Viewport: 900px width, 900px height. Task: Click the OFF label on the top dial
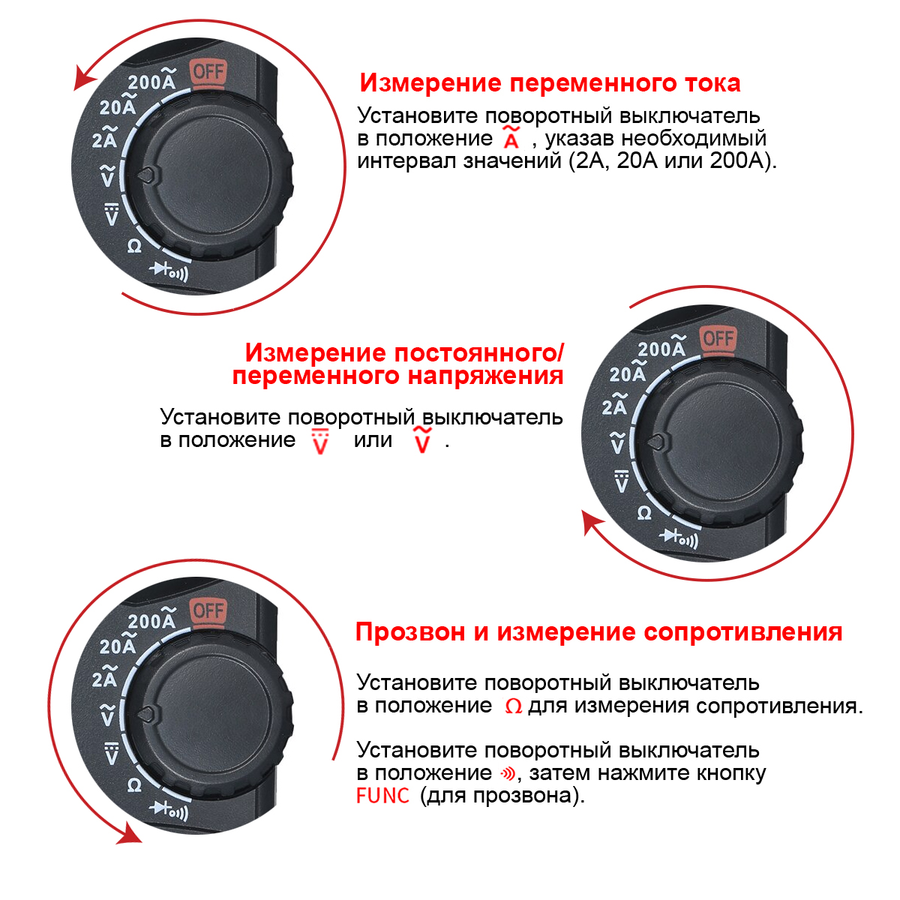[x=208, y=73]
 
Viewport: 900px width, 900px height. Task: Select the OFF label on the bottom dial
[x=208, y=610]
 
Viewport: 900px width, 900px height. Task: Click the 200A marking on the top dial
[x=152, y=79]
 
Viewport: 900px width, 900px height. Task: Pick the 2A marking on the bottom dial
[x=105, y=676]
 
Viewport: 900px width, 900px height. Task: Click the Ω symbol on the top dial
[x=134, y=246]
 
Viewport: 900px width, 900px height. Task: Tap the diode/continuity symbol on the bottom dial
[x=169, y=811]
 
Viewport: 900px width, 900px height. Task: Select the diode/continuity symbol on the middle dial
[x=679, y=538]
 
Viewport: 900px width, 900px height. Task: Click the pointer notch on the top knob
[x=147, y=175]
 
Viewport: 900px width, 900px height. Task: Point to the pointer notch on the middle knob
[x=657, y=441]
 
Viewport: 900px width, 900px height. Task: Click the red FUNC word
[x=382, y=796]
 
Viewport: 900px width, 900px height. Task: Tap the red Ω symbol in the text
[x=513, y=706]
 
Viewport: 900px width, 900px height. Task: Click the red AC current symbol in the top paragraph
[x=511, y=136]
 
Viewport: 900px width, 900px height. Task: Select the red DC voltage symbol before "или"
[x=320, y=441]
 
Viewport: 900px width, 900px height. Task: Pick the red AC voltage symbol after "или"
[x=422, y=440]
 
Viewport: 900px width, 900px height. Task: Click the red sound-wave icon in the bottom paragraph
[x=508, y=774]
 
